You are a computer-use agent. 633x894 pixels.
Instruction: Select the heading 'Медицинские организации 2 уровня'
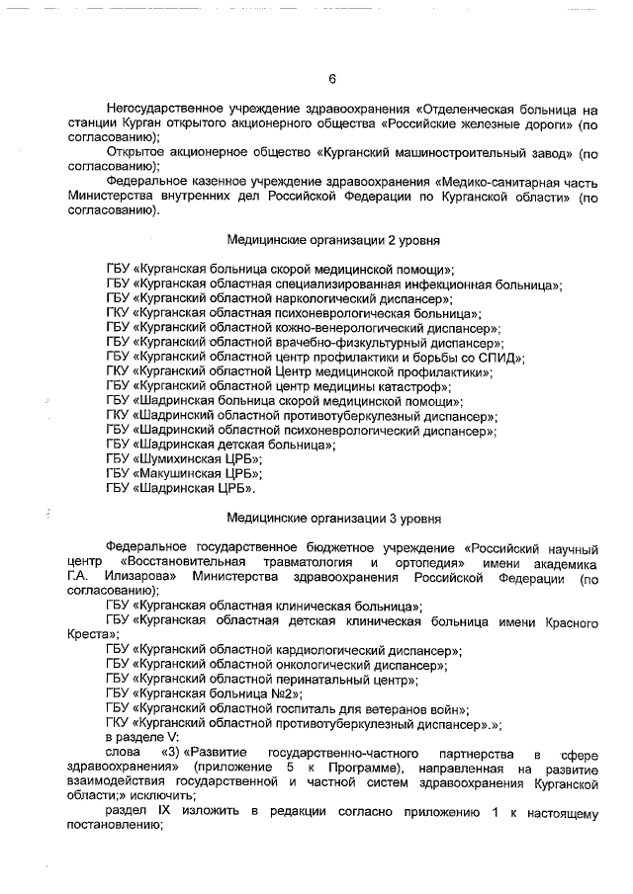click(x=333, y=240)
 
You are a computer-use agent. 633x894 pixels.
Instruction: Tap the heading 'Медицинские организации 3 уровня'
click(x=333, y=517)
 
